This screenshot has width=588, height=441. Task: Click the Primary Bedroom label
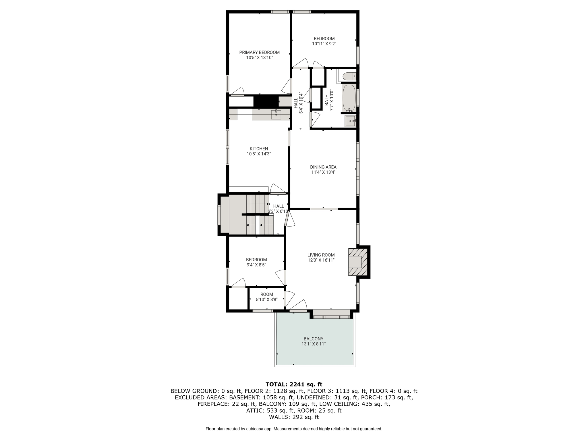(259, 53)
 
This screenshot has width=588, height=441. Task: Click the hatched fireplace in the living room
(358, 262)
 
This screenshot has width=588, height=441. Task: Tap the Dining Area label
(323, 167)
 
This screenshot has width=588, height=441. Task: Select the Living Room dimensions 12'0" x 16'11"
(321, 260)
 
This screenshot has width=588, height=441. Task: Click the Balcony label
(314, 339)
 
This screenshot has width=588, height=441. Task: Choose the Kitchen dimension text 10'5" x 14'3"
(259, 154)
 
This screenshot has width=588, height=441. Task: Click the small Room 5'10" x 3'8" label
(267, 297)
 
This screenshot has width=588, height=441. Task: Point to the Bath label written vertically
(326, 100)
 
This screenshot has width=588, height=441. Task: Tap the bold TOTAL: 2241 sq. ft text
(294, 384)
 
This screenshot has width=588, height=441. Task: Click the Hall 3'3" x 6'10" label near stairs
(278, 209)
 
